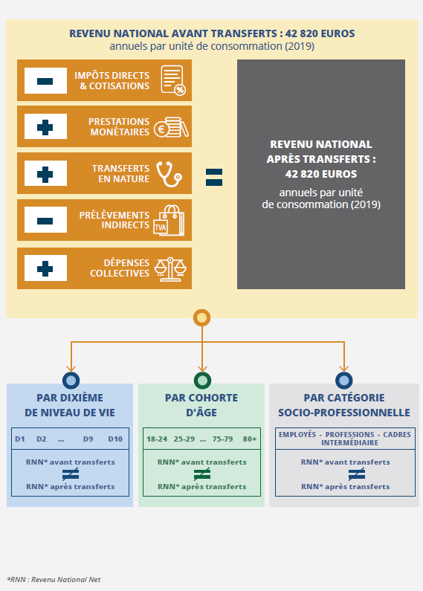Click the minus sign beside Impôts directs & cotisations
pos(45,81)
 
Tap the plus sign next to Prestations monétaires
pos(45,127)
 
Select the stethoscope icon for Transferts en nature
pos(169,174)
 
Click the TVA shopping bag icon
pos(169,220)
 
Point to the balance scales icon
pos(170,269)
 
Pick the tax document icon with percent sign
pos(173,80)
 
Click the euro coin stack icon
pos(171,127)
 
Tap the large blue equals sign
pos(214,177)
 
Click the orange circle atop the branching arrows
pos(201,317)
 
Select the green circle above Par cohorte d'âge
pos(202,381)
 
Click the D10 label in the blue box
pos(115,439)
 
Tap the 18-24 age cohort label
pos(157,439)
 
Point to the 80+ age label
pos(250,439)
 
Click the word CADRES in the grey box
pos(397,435)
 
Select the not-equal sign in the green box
pos(202,474)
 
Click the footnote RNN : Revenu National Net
pos(54,579)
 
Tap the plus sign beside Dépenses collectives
pos(45,269)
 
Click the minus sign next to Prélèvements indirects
pos(45,221)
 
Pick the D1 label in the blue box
pos(20,439)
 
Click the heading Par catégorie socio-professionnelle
pos(344,405)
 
